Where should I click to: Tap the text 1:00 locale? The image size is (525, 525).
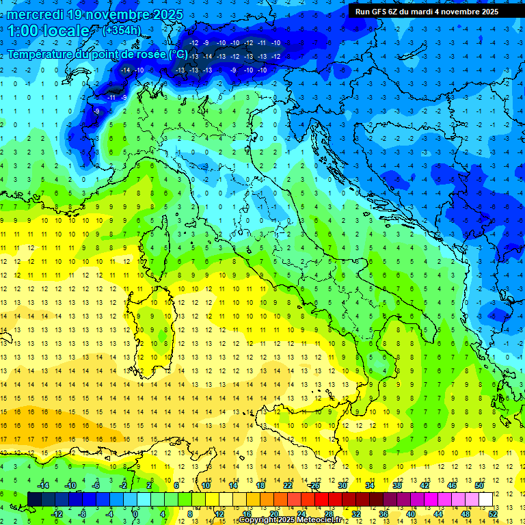[x=49, y=31]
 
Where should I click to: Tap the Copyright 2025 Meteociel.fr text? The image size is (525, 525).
[x=291, y=520]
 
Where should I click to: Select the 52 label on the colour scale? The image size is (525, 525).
[x=493, y=514]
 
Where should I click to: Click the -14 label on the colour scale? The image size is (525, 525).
[x=42, y=485]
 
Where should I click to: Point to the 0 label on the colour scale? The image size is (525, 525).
[x=135, y=514]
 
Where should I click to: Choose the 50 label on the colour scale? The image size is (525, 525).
[x=479, y=485]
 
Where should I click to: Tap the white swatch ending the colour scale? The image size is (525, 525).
[x=485, y=499]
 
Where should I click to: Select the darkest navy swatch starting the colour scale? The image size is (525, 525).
[x=35, y=499]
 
